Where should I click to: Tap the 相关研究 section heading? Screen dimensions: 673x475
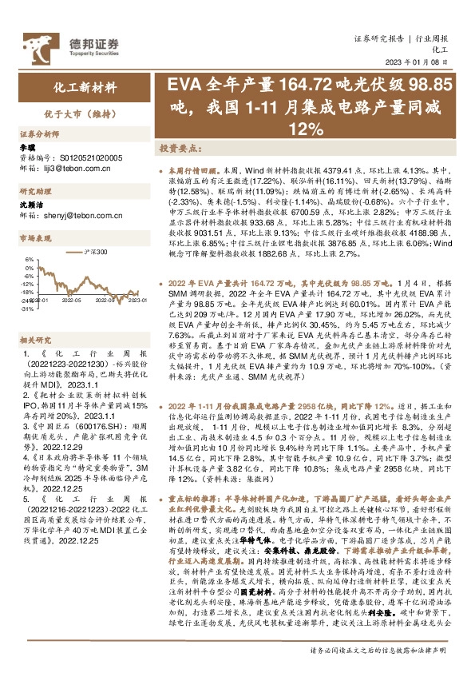click(35, 340)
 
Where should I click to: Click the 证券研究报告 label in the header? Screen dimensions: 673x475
click(380, 38)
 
